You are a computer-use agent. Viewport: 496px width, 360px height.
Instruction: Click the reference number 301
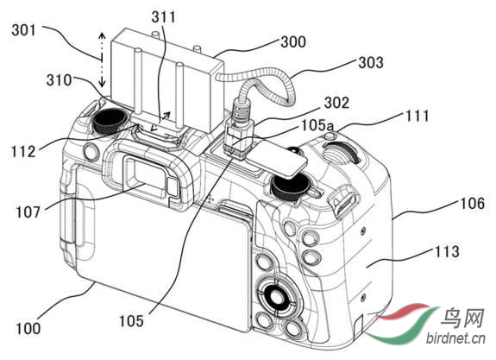pyautogui.click(x=24, y=30)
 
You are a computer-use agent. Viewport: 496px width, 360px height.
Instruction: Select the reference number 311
pyautogui.click(x=163, y=16)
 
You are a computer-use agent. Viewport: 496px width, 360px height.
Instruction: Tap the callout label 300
pyautogui.click(x=293, y=41)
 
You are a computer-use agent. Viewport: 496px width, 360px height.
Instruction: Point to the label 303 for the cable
pyautogui.click(x=371, y=62)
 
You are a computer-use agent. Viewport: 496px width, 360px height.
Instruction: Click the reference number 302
pyautogui.click(x=337, y=103)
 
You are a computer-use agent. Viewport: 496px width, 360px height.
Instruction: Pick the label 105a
pyautogui.click(x=317, y=125)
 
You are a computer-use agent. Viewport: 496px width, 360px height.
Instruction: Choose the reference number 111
pyautogui.click(x=418, y=116)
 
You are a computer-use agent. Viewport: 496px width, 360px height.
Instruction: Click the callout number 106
pyautogui.click(x=472, y=203)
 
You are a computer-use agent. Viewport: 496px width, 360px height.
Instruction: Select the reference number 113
pyautogui.click(x=447, y=251)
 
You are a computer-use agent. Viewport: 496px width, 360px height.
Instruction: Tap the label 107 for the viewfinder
pyautogui.click(x=28, y=212)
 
